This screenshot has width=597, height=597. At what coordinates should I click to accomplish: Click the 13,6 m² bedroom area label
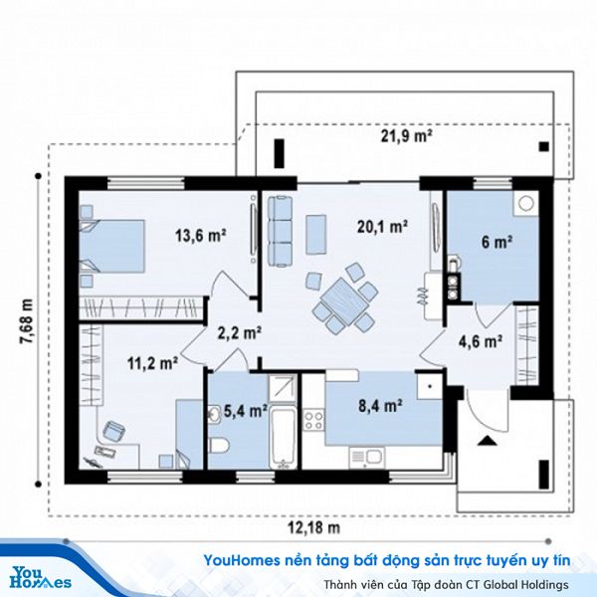(x=200, y=235)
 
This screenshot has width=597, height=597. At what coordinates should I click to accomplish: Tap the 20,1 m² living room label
(x=382, y=227)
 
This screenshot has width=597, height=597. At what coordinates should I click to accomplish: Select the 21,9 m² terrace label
(x=407, y=135)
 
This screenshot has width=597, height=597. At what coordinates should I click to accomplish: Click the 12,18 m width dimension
(x=313, y=527)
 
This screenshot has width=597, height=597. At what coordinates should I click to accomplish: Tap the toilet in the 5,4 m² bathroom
(x=219, y=446)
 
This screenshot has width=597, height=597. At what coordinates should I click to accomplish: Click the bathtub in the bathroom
(x=284, y=438)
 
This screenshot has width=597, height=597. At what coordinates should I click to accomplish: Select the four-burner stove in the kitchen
(x=313, y=420)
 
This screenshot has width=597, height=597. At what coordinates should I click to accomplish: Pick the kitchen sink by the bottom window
(x=366, y=459)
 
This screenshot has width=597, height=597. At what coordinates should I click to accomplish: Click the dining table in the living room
(x=344, y=301)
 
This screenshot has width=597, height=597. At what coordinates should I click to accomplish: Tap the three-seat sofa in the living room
(x=281, y=231)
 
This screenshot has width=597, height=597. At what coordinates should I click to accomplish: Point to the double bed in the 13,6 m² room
(x=111, y=246)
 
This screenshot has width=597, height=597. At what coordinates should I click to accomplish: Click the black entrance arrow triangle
(x=487, y=441)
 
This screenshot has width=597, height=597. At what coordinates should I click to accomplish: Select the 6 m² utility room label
(x=497, y=242)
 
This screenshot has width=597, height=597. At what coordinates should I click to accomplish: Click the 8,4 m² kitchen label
(x=380, y=406)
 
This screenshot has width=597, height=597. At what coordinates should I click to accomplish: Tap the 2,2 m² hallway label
(x=239, y=333)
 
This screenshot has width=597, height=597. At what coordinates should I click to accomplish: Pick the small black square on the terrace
(x=544, y=146)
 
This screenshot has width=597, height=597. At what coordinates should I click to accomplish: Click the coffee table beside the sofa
(x=316, y=235)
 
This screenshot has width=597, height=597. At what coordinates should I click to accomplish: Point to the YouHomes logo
(x=41, y=578)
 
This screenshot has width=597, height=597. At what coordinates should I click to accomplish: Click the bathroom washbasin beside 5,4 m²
(x=214, y=415)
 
